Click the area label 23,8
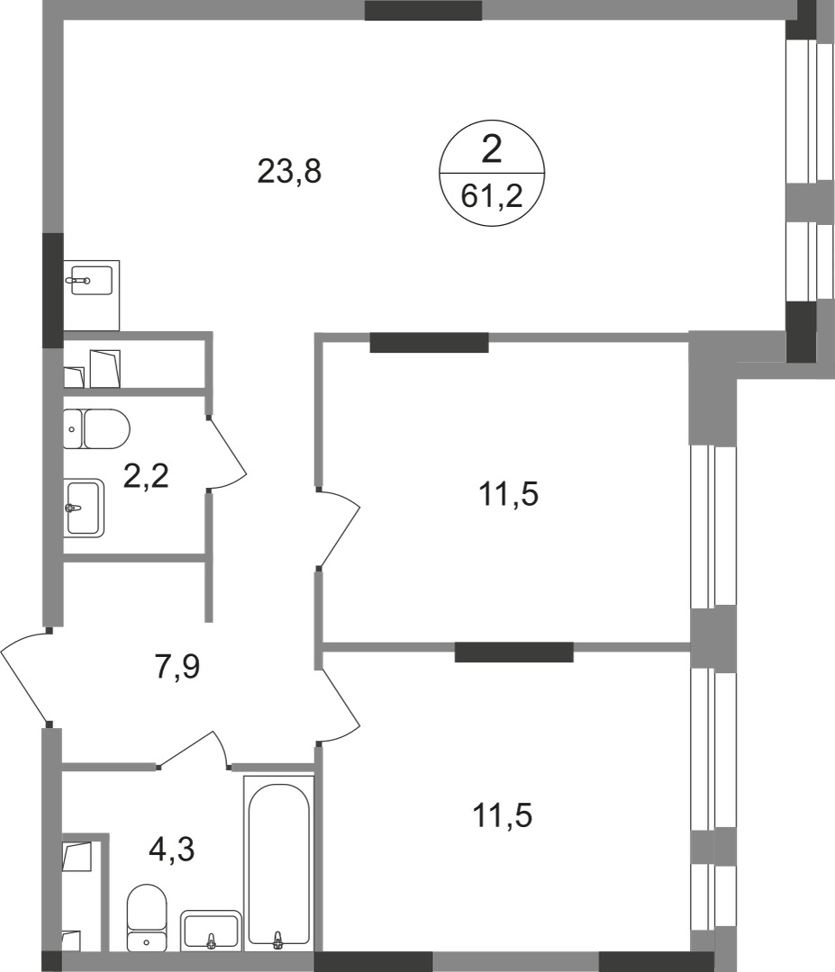(289, 171)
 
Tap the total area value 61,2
(492, 194)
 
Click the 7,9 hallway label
(177, 669)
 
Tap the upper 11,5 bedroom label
(510, 494)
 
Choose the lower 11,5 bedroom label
(504, 816)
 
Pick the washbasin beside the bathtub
(211, 930)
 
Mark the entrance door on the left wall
(25, 677)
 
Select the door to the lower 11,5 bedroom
(340, 706)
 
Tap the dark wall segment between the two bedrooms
(513, 652)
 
